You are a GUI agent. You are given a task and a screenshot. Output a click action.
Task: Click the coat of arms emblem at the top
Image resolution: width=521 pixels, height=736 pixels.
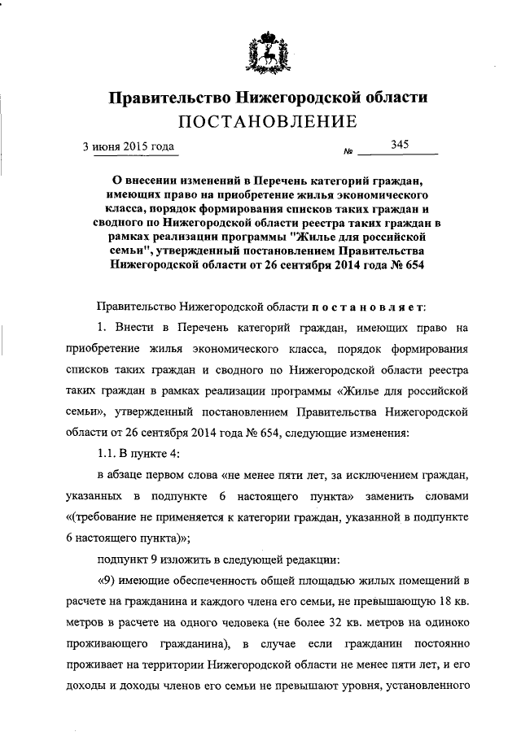[269, 51]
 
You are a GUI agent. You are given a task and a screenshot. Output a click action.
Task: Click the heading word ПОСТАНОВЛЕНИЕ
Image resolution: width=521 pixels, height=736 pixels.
[269, 123]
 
